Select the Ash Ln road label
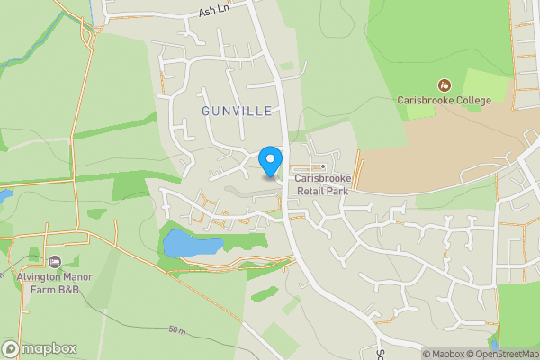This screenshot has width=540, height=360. [214, 12]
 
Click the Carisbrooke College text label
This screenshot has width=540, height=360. [445, 100]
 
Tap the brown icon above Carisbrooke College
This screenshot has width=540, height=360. [444, 85]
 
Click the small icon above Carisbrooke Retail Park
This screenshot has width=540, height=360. [322, 166]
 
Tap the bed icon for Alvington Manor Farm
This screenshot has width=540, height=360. [54, 262]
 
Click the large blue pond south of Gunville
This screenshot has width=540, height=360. [191, 244]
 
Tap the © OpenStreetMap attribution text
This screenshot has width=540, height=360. [505, 354]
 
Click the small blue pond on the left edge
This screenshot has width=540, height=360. [4, 195]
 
